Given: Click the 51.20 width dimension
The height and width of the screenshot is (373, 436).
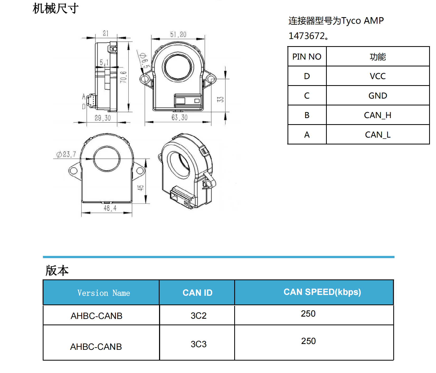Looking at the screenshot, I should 178,35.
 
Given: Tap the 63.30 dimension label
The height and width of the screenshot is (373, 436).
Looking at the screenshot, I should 179,118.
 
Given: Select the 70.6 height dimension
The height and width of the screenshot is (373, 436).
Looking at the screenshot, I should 123,77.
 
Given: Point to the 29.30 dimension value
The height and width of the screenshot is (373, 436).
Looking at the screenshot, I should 103,118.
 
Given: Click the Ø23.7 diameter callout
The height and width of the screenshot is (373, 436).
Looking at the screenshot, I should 66,154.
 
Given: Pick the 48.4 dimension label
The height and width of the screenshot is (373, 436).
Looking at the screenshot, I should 110,208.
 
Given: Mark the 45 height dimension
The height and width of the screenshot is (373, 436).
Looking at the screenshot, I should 140,188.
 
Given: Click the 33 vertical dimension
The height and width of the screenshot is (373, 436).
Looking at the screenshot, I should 220,99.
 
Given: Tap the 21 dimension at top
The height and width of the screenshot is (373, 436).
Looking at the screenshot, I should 106,33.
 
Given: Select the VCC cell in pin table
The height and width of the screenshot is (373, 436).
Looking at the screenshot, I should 377,76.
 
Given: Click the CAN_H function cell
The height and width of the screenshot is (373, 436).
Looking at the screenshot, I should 377,115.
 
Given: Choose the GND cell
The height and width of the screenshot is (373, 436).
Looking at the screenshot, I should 377,96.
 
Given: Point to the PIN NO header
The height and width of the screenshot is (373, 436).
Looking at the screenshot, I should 307,57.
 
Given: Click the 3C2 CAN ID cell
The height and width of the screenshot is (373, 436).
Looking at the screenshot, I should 198,316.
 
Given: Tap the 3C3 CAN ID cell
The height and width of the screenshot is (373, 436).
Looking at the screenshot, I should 198,344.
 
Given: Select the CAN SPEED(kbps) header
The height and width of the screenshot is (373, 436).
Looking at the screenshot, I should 322,292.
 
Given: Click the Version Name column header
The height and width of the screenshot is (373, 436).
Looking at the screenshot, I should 104,293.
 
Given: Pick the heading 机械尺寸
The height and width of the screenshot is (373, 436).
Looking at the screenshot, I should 55,8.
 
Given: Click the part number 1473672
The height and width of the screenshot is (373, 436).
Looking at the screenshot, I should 307,36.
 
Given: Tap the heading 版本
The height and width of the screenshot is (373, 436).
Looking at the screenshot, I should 57,270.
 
